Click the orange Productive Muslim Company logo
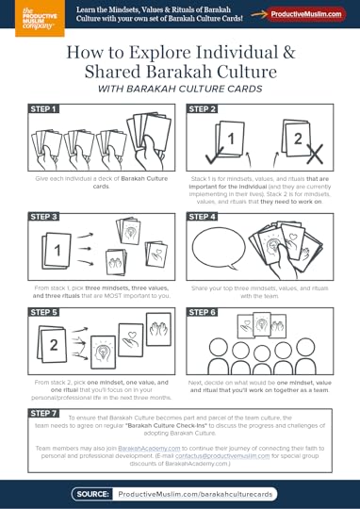19,17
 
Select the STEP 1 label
44,109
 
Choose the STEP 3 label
44,217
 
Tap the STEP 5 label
44,311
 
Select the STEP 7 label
44,413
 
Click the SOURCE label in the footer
93,493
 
